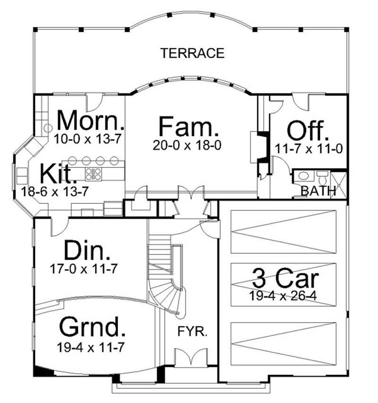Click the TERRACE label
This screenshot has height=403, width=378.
(x=192, y=53)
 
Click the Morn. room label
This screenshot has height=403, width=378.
(x=90, y=121)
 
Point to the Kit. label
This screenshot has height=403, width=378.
(x=58, y=175)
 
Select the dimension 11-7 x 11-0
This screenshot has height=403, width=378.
(x=309, y=149)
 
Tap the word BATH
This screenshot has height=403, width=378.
(x=318, y=191)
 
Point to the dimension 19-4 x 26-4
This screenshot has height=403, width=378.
(x=284, y=296)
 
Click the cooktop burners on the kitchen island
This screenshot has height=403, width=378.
(x=94, y=174)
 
